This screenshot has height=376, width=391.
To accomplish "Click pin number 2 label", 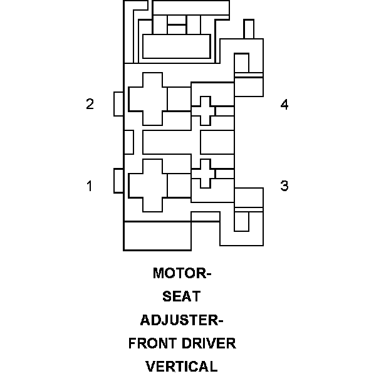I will coord(90,104).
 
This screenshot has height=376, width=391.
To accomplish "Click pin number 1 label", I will coord(90,185).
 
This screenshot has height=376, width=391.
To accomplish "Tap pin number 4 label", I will coord(284,105).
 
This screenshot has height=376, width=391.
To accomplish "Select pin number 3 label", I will coord(284,185).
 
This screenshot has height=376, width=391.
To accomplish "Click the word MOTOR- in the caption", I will coord(182,274).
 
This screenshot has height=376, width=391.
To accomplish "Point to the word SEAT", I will coord(182,297).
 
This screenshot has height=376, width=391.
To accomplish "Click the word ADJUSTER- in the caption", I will coord(182,320).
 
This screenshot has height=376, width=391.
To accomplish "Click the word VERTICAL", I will coord(182,367).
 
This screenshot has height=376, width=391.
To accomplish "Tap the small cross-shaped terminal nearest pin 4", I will coord(202,111).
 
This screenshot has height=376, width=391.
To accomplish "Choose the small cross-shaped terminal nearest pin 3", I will coord(202,173).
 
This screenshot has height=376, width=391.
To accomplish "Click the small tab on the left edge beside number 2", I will coord(118,104).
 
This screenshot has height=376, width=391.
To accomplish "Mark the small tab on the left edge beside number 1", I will coord(118,181).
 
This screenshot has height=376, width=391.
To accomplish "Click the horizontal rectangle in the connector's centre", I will coord(170,142).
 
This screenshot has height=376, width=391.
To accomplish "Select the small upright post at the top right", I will coord(249,29).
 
